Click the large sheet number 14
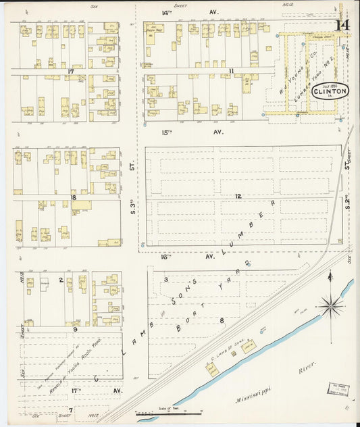click(342, 25)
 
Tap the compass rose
click(330, 306)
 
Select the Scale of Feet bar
click(169, 412)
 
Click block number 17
click(70, 70)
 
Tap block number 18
click(72, 198)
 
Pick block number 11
click(231, 70)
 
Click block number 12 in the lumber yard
click(238, 196)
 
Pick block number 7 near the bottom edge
click(70, 409)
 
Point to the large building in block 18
click(81, 205)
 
